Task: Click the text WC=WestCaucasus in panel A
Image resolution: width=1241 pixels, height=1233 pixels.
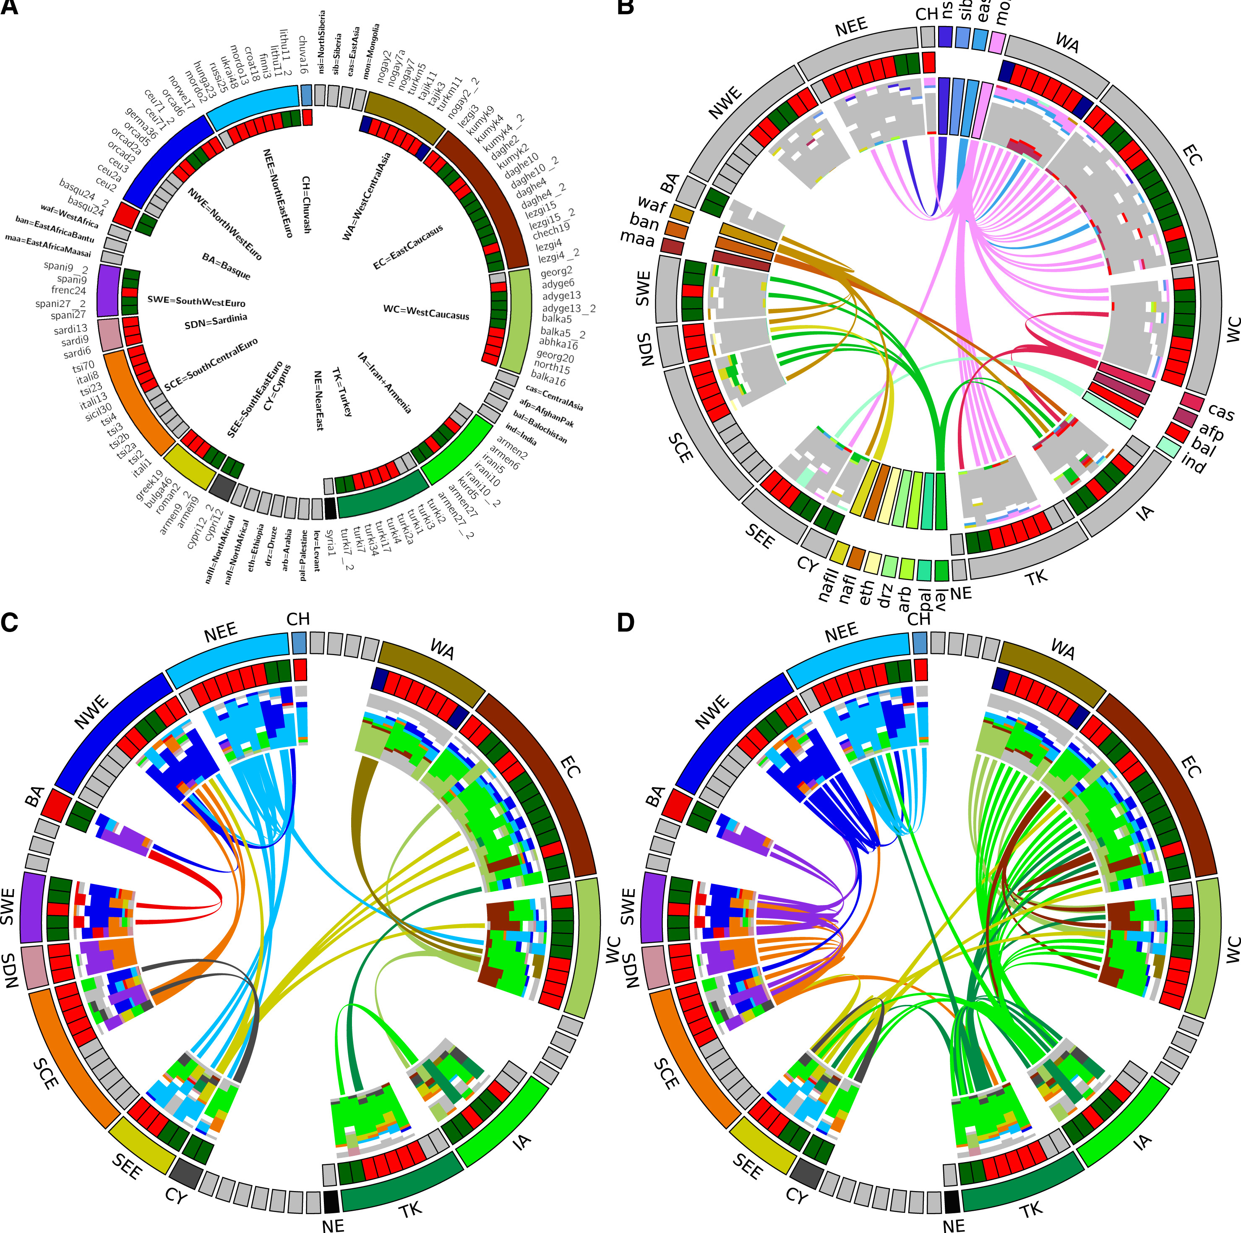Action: pos(426,312)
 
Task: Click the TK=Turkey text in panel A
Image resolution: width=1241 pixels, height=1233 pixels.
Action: pos(342,392)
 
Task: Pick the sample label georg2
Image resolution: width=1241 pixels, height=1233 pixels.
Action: pos(556,272)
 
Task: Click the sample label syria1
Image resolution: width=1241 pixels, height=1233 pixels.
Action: pos(330,543)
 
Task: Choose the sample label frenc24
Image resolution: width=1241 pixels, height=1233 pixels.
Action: pos(69,290)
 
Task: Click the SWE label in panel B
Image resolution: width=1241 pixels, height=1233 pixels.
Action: pos(642,289)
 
